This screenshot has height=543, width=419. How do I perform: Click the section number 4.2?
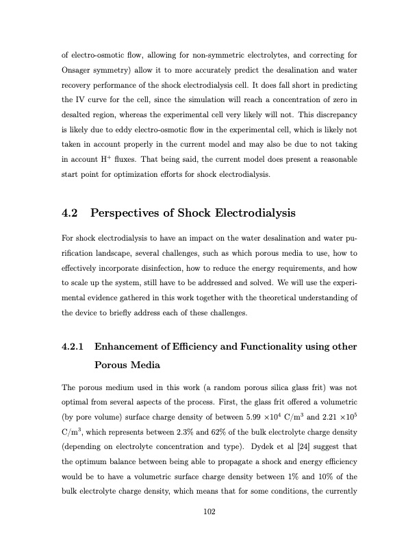click(x=71, y=213)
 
